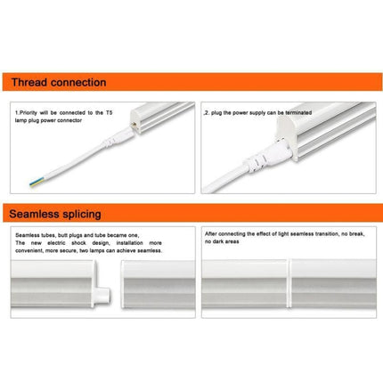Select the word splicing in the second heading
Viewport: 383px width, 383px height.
click(87, 214)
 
